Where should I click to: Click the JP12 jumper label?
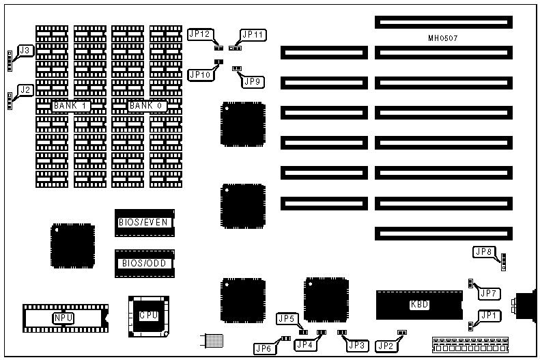coord(199,33)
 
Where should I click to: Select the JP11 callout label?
coord(253,34)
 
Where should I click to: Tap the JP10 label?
coord(199,74)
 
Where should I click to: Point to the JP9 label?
coord(253,82)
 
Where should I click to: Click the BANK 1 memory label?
coord(71,106)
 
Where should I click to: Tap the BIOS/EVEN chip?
coord(144,222)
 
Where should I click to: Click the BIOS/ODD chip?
coord(144,263)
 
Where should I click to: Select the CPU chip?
coord(148,316)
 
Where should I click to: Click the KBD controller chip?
coord(419,305)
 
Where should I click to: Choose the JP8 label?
coord(483,252)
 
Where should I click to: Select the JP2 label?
coord(386,346)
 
